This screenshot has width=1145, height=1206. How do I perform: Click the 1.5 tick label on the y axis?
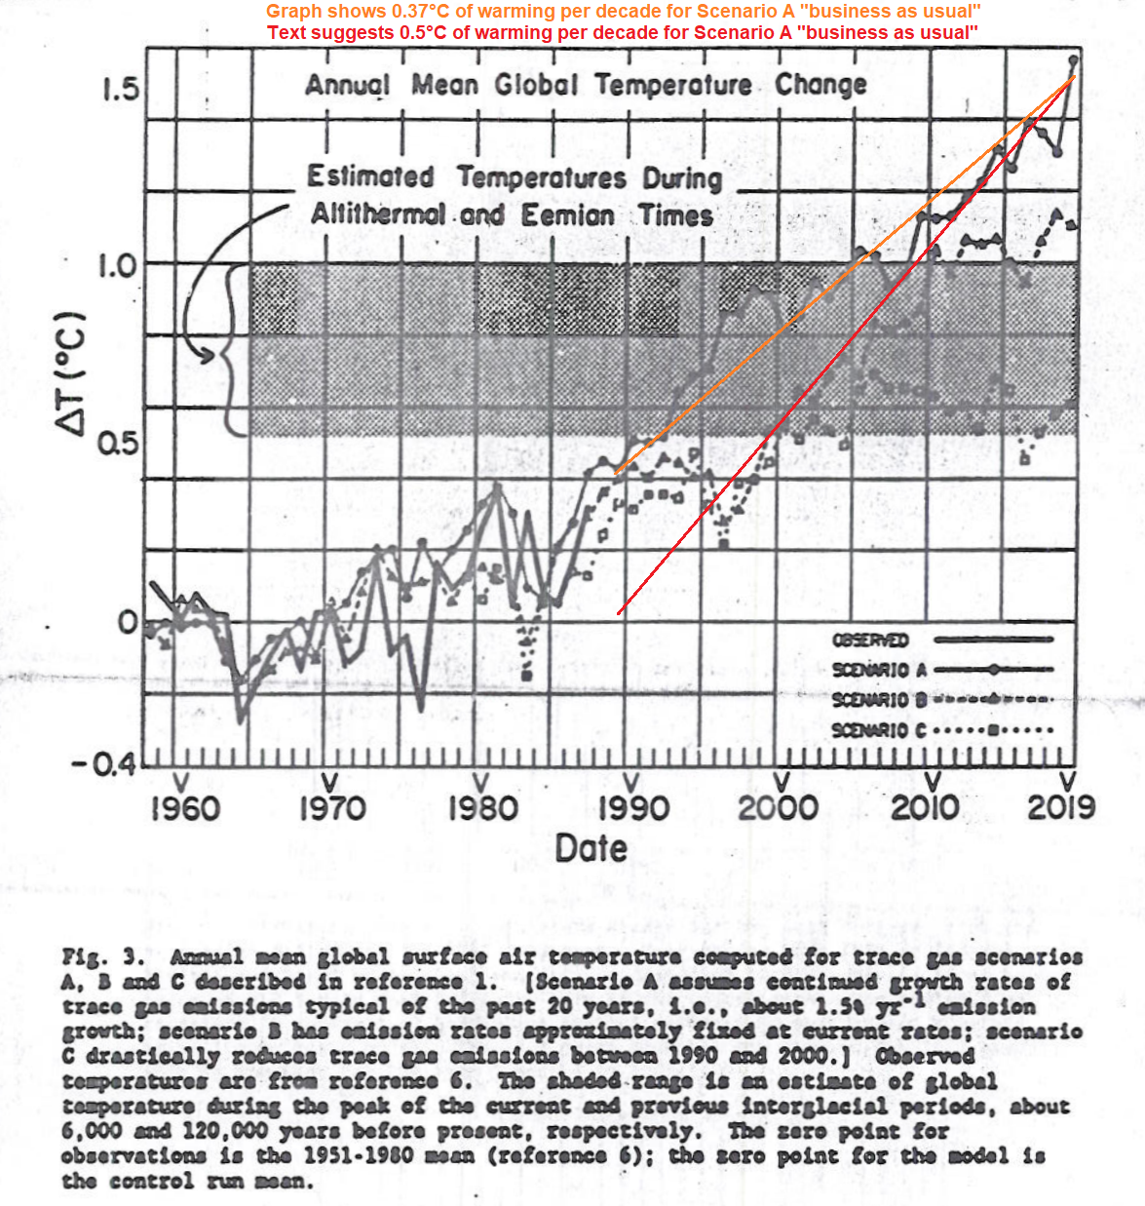tap(121, 91)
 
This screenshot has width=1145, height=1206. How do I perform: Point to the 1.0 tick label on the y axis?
tap(119, 265)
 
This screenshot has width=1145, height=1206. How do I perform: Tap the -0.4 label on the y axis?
tap(107, 763)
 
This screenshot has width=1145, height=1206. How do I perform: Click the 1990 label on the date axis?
tap(633, 808)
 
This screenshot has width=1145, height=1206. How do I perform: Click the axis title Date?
tap(591, 848)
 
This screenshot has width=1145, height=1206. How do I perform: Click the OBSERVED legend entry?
tap(870, 641)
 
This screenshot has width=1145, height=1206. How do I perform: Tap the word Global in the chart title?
tap(536, 85)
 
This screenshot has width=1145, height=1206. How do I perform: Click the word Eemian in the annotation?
tap(567, 215)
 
